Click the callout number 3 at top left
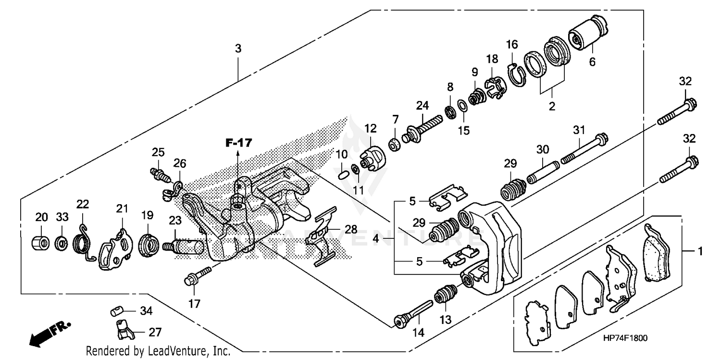tap(238, 49)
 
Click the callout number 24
tap(422, 105)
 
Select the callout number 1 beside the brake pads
tap(700, 251)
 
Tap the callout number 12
tap(370, 129)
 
